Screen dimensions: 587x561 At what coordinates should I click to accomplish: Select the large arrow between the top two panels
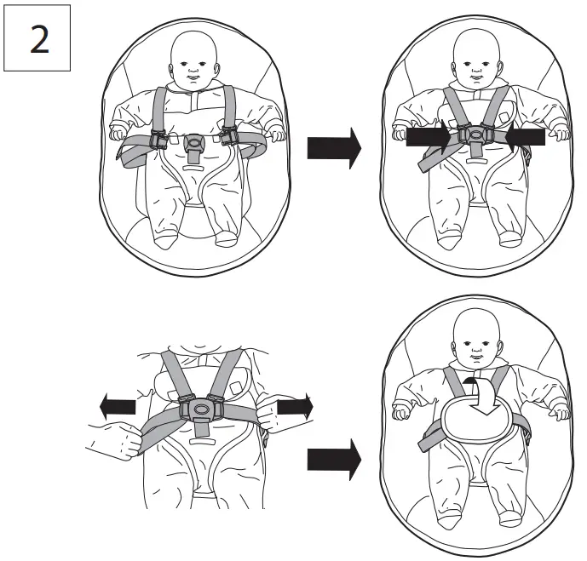tap(334, 149)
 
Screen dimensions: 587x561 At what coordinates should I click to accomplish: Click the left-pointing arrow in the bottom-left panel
tap(117, 407)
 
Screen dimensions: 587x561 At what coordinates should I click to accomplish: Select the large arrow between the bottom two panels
tap(334, 460)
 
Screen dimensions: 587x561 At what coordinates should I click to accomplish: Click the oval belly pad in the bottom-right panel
tap(476, 422)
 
